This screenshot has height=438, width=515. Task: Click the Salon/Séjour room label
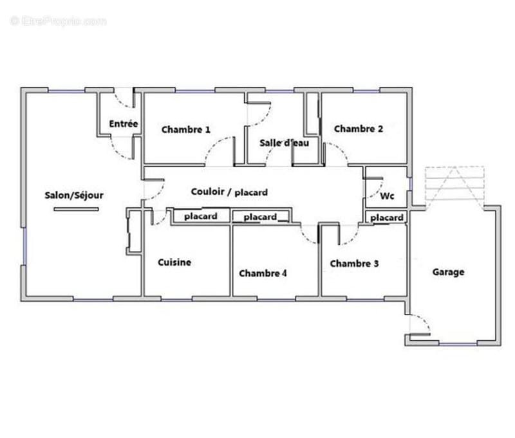coord(74,196)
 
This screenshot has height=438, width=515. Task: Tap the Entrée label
coord(124,123)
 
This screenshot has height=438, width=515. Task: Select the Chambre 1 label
coord(186,129)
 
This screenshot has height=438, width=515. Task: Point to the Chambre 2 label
coord(359,129)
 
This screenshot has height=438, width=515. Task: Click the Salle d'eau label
coord(284,143)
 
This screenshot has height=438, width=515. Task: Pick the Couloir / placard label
coord(229,192)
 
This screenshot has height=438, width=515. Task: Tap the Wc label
coord(387,196)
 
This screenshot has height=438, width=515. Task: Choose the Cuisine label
coord(174,262)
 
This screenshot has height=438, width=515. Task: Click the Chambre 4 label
coord(263,273)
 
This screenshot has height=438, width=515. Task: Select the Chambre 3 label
coord(355,264)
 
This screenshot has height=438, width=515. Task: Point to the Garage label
coord(448,272)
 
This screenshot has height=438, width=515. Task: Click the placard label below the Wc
coord(387,218)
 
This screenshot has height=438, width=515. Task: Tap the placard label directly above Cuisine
coord(201,217)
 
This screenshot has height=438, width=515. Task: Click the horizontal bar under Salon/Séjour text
coord(76,209)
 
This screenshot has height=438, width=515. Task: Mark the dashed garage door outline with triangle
coord(455,188)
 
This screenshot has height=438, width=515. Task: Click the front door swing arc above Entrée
coord(122,102)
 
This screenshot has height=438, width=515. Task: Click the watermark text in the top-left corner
coord(59,21)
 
